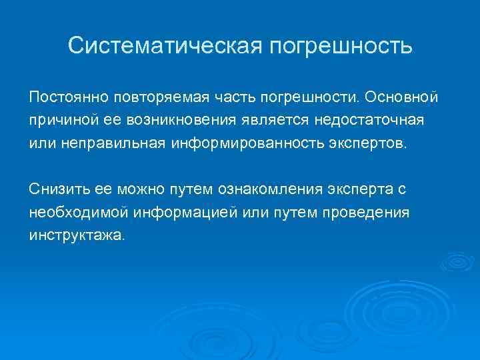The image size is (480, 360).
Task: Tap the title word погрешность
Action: [x=340, y=47]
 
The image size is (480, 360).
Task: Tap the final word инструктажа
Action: [x=75, y=237]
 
